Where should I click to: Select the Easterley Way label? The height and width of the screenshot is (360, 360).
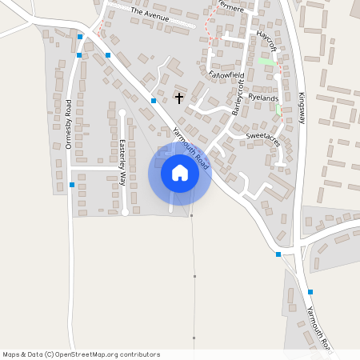122,162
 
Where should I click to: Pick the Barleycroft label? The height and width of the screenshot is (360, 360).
238,97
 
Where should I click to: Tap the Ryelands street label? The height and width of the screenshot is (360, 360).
263,97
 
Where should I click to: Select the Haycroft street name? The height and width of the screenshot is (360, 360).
267,41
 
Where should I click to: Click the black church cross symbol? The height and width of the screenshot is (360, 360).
179,98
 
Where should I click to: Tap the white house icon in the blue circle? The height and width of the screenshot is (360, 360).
180,173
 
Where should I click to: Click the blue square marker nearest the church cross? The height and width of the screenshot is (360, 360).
154,101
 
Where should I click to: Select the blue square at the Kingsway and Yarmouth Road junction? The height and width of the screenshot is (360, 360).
278,254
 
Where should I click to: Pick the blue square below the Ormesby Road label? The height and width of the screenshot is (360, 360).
72,185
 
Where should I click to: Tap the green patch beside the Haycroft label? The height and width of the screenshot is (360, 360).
266,61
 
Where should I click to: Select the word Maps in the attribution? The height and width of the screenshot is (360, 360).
11,354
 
